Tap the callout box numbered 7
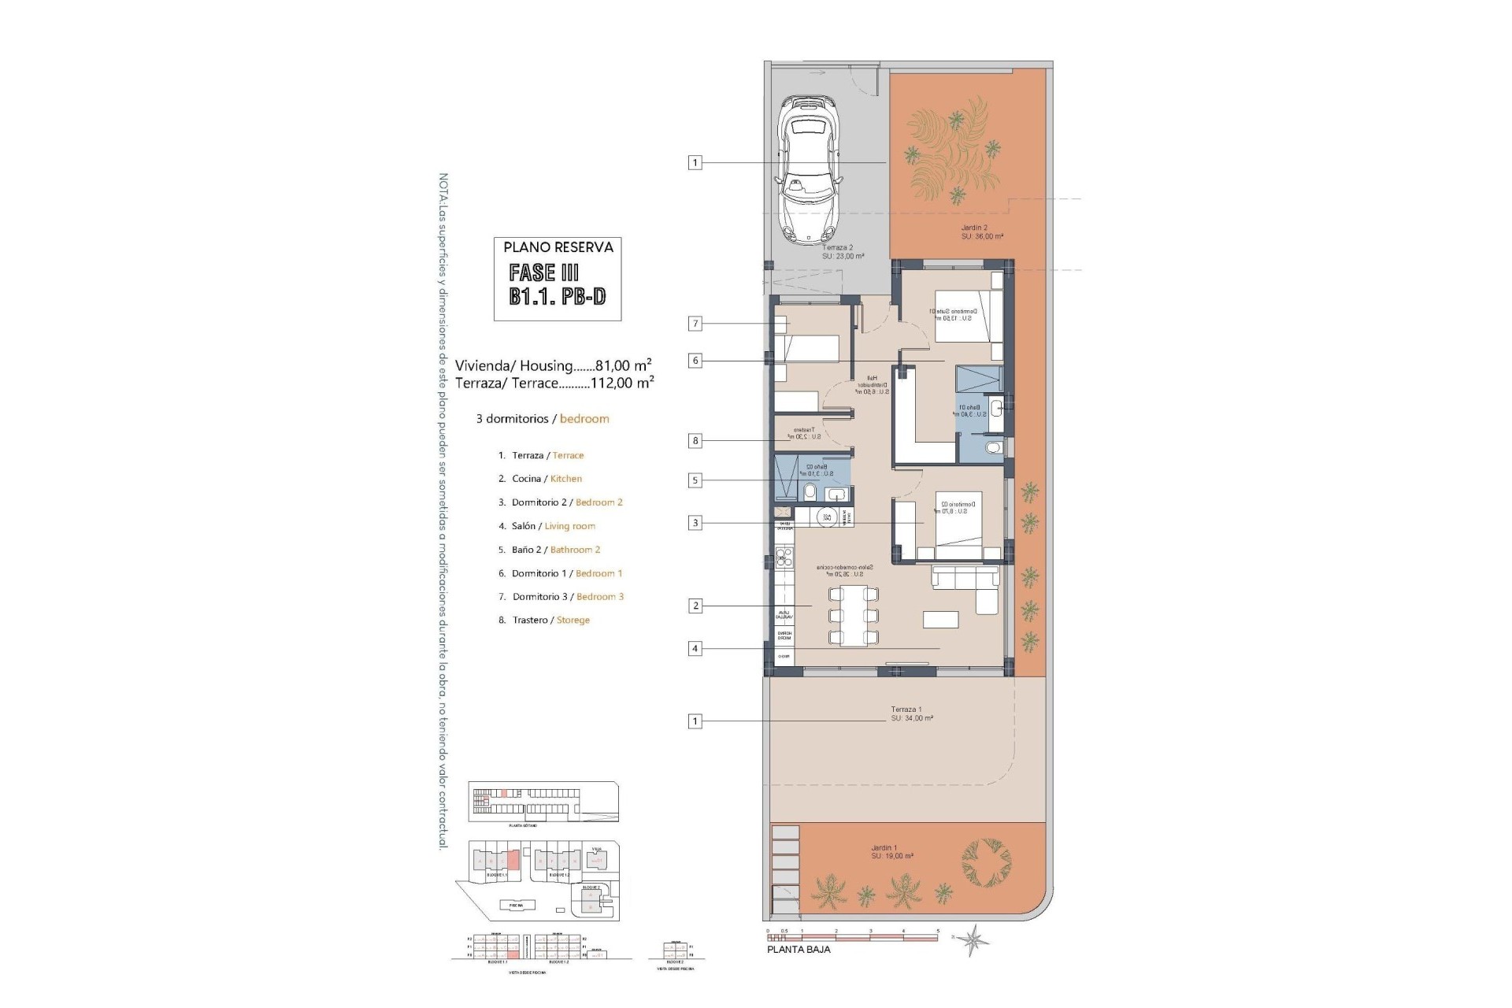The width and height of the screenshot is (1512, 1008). [x=695, y=323]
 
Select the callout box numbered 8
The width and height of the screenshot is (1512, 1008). [x=695, y=441]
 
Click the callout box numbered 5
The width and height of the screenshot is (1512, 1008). [x=695, y=480]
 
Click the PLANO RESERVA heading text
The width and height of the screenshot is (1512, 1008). [x=558, y=247]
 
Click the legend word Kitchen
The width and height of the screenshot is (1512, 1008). [x=565, y=479]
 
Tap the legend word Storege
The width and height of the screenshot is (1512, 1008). [x=573, y=621]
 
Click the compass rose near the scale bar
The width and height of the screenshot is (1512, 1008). [x=975, y=939]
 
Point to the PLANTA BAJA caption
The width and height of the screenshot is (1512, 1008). [x=798, y=949]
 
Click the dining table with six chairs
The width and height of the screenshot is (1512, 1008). [x=853, y=615]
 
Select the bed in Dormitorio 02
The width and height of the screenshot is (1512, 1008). [x=958, y=524]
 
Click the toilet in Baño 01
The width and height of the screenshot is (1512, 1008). [x=995, y=450]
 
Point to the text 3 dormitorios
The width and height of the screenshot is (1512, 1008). [x=512, y=419]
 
